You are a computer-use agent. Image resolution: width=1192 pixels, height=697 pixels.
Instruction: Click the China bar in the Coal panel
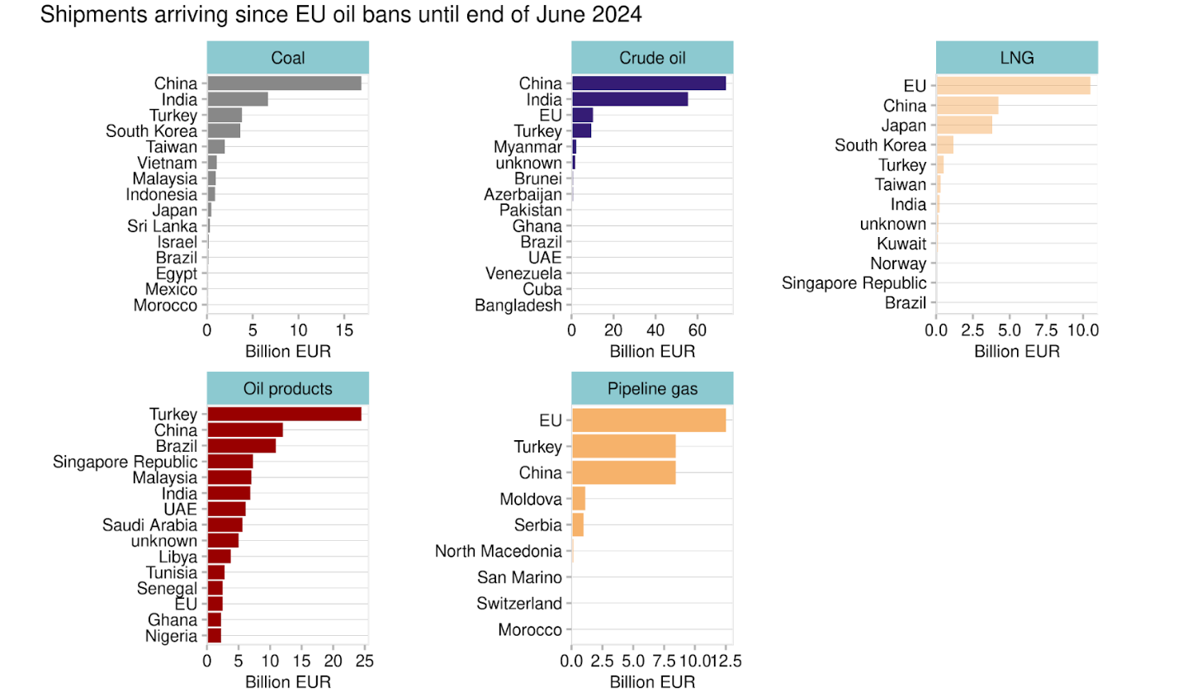[x=284, y=83]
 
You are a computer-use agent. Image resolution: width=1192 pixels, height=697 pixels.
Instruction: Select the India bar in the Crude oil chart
[x=630, y=99]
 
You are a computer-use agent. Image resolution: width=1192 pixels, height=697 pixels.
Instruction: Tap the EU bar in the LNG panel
[x=1013, y=86]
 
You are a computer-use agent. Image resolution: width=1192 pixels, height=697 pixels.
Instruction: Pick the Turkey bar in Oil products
[x=284, y=415]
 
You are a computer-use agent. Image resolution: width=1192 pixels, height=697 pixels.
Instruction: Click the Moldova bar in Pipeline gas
[x=579, y=499]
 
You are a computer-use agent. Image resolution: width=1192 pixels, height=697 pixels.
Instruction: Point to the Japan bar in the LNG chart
[x=964, y=126]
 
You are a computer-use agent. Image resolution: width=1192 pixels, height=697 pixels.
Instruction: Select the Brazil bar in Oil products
[x=242, y=446]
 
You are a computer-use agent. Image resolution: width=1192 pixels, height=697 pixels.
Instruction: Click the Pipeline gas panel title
[x=652, y=389]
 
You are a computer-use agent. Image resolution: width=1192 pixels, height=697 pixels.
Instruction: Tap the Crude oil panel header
[x=652, y=58]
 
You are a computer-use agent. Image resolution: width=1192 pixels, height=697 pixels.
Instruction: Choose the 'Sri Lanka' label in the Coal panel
[x=163, y=226]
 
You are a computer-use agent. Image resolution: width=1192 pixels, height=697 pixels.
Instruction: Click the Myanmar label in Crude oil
[x=527, y=147]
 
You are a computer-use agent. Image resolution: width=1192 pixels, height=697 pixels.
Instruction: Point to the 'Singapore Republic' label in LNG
[x=854, y=283]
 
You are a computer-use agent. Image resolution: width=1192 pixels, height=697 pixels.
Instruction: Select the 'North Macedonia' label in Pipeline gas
[x=498, y=551]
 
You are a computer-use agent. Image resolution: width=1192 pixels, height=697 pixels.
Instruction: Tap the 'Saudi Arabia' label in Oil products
[x=149, y=525]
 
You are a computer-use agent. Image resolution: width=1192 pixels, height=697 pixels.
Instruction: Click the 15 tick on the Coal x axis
[x=344, y=330]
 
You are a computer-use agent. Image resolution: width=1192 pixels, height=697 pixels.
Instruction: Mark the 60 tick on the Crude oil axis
[x=697, y=330]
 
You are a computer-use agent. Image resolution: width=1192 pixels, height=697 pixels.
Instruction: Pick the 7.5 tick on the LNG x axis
[x=1046, y=330]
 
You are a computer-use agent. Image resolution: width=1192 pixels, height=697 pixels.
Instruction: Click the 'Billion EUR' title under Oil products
[x=288, y=682]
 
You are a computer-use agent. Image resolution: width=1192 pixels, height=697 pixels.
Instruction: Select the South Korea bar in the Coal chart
[x=224, y=130]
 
